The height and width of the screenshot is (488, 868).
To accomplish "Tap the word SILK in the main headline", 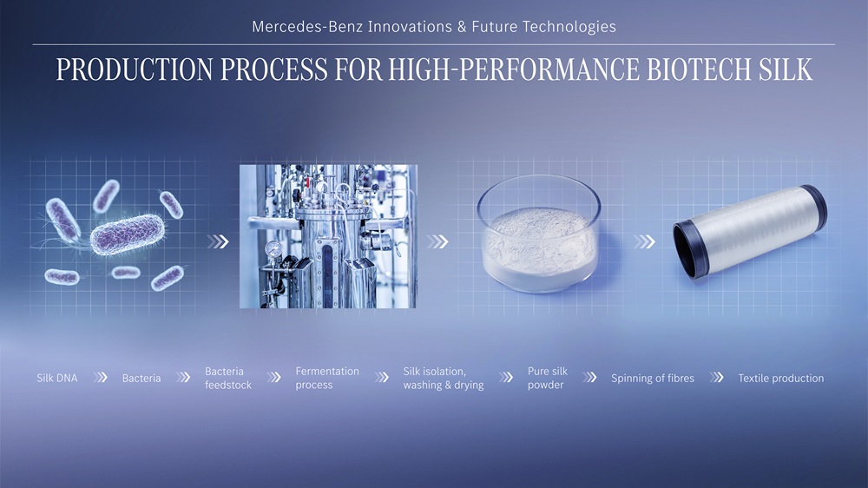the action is (786, 69).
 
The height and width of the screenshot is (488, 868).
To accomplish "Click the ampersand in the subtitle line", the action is (463, 27).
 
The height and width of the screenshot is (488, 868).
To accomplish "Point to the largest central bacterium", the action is (128, 234).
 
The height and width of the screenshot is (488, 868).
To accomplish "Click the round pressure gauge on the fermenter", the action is (273, 248).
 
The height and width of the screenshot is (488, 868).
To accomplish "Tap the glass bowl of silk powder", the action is (539, 234).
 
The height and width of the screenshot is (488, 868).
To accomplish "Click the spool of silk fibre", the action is (750, 231).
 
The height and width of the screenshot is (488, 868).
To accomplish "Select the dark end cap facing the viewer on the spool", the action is (691, 250).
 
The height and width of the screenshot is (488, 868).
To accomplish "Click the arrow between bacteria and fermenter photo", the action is (218, 241).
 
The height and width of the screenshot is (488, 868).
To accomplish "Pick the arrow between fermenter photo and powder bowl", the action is (437, 241).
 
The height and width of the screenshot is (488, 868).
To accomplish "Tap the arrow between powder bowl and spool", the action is (644, 241).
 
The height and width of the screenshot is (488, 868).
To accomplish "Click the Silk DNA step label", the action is (57, 379).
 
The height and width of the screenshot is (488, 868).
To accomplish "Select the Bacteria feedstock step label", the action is (228, 378).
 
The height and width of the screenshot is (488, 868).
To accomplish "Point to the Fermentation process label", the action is (327, 378).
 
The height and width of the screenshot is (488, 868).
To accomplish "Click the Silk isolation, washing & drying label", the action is (444, 378).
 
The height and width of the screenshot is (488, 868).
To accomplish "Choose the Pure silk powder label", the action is (548, 378).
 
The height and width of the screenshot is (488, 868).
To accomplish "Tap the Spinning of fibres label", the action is (653, 379).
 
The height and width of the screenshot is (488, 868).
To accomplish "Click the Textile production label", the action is (781, 379).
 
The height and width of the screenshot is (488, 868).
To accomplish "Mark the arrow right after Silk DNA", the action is (101, 378).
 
